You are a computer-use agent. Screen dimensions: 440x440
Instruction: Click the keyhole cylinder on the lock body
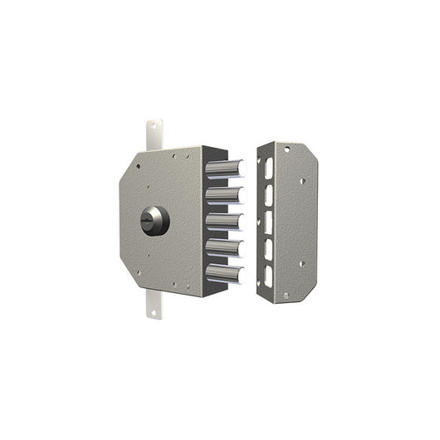(155, 220)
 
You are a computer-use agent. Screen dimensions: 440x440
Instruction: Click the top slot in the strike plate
(268, 165)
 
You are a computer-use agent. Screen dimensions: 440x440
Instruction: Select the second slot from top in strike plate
(268, 194)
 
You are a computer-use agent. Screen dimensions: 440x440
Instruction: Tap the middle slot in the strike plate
(268, 222)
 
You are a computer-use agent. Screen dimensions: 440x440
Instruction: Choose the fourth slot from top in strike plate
(268, 248)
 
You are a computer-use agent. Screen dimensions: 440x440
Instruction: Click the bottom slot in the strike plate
(268, 275)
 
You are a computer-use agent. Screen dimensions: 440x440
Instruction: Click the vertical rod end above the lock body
(154, 135)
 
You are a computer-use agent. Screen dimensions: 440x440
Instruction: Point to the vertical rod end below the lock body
(154, 306)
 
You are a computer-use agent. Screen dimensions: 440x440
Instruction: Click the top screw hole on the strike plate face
(287, 149)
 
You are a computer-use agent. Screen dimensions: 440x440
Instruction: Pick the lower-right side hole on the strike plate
(302, 264)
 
